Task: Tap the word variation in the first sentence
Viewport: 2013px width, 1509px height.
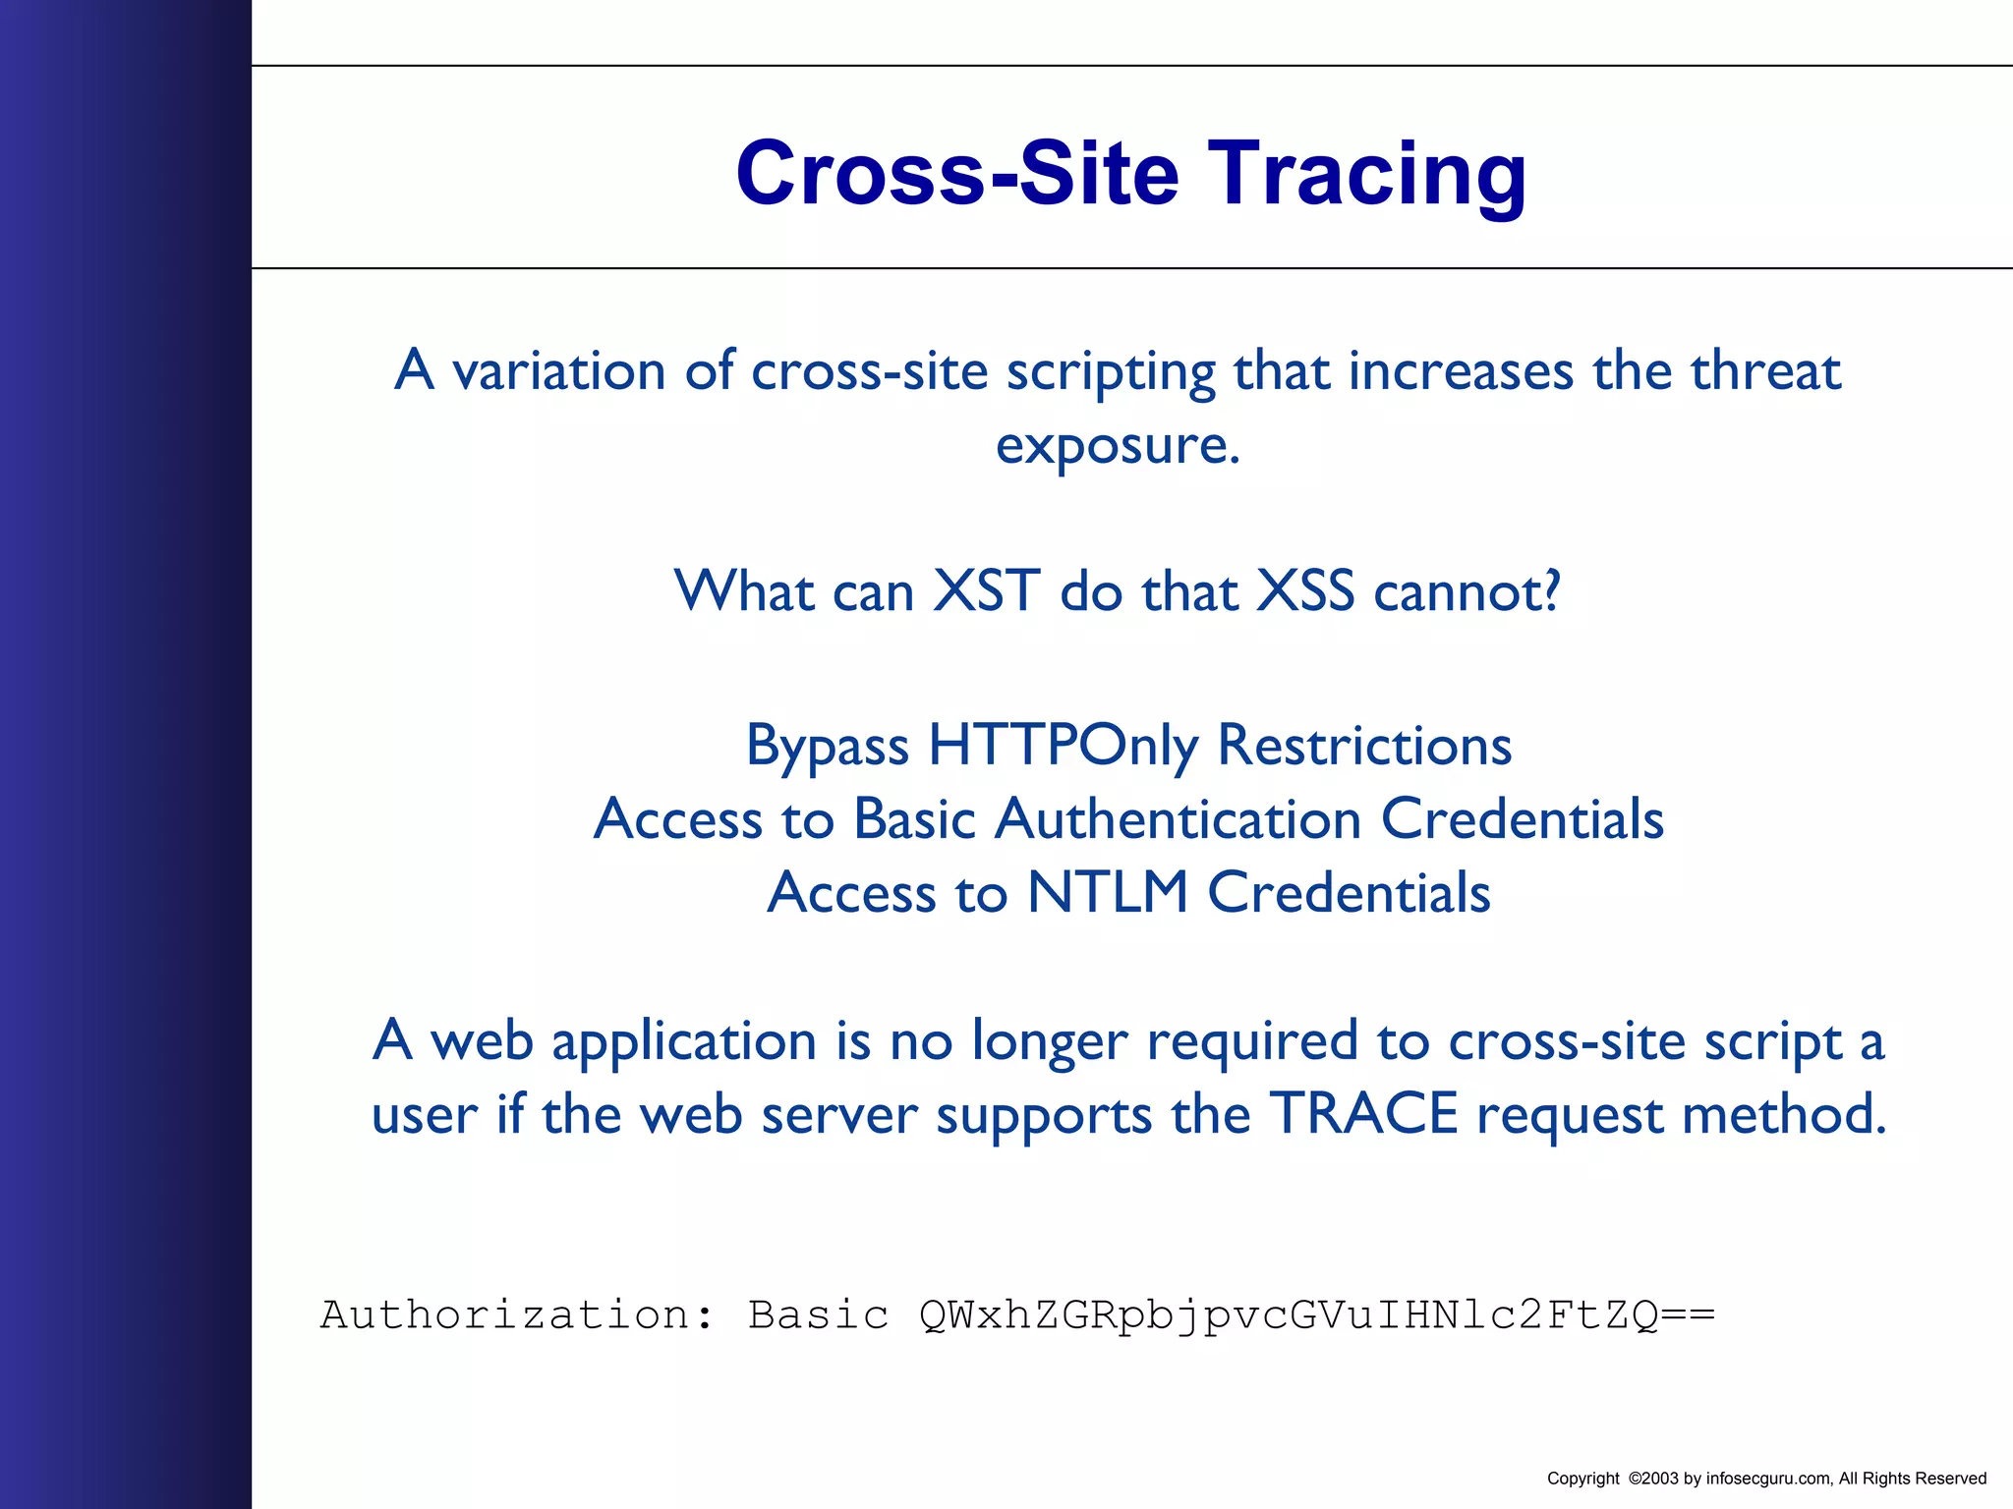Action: click(559, 372)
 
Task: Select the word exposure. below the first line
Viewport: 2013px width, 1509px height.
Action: click(1118, 447)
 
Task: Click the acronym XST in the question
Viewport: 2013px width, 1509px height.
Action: click(985, 591)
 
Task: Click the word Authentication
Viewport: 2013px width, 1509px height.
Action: click(1178, 819)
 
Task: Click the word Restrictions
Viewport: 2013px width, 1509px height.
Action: click(1364, 746)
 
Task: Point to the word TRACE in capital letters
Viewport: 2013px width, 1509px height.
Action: click(1363, 1114)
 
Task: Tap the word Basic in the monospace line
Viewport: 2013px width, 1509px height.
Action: click(818, 1315)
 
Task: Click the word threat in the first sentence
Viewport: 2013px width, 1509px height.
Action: click(1764, 372)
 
